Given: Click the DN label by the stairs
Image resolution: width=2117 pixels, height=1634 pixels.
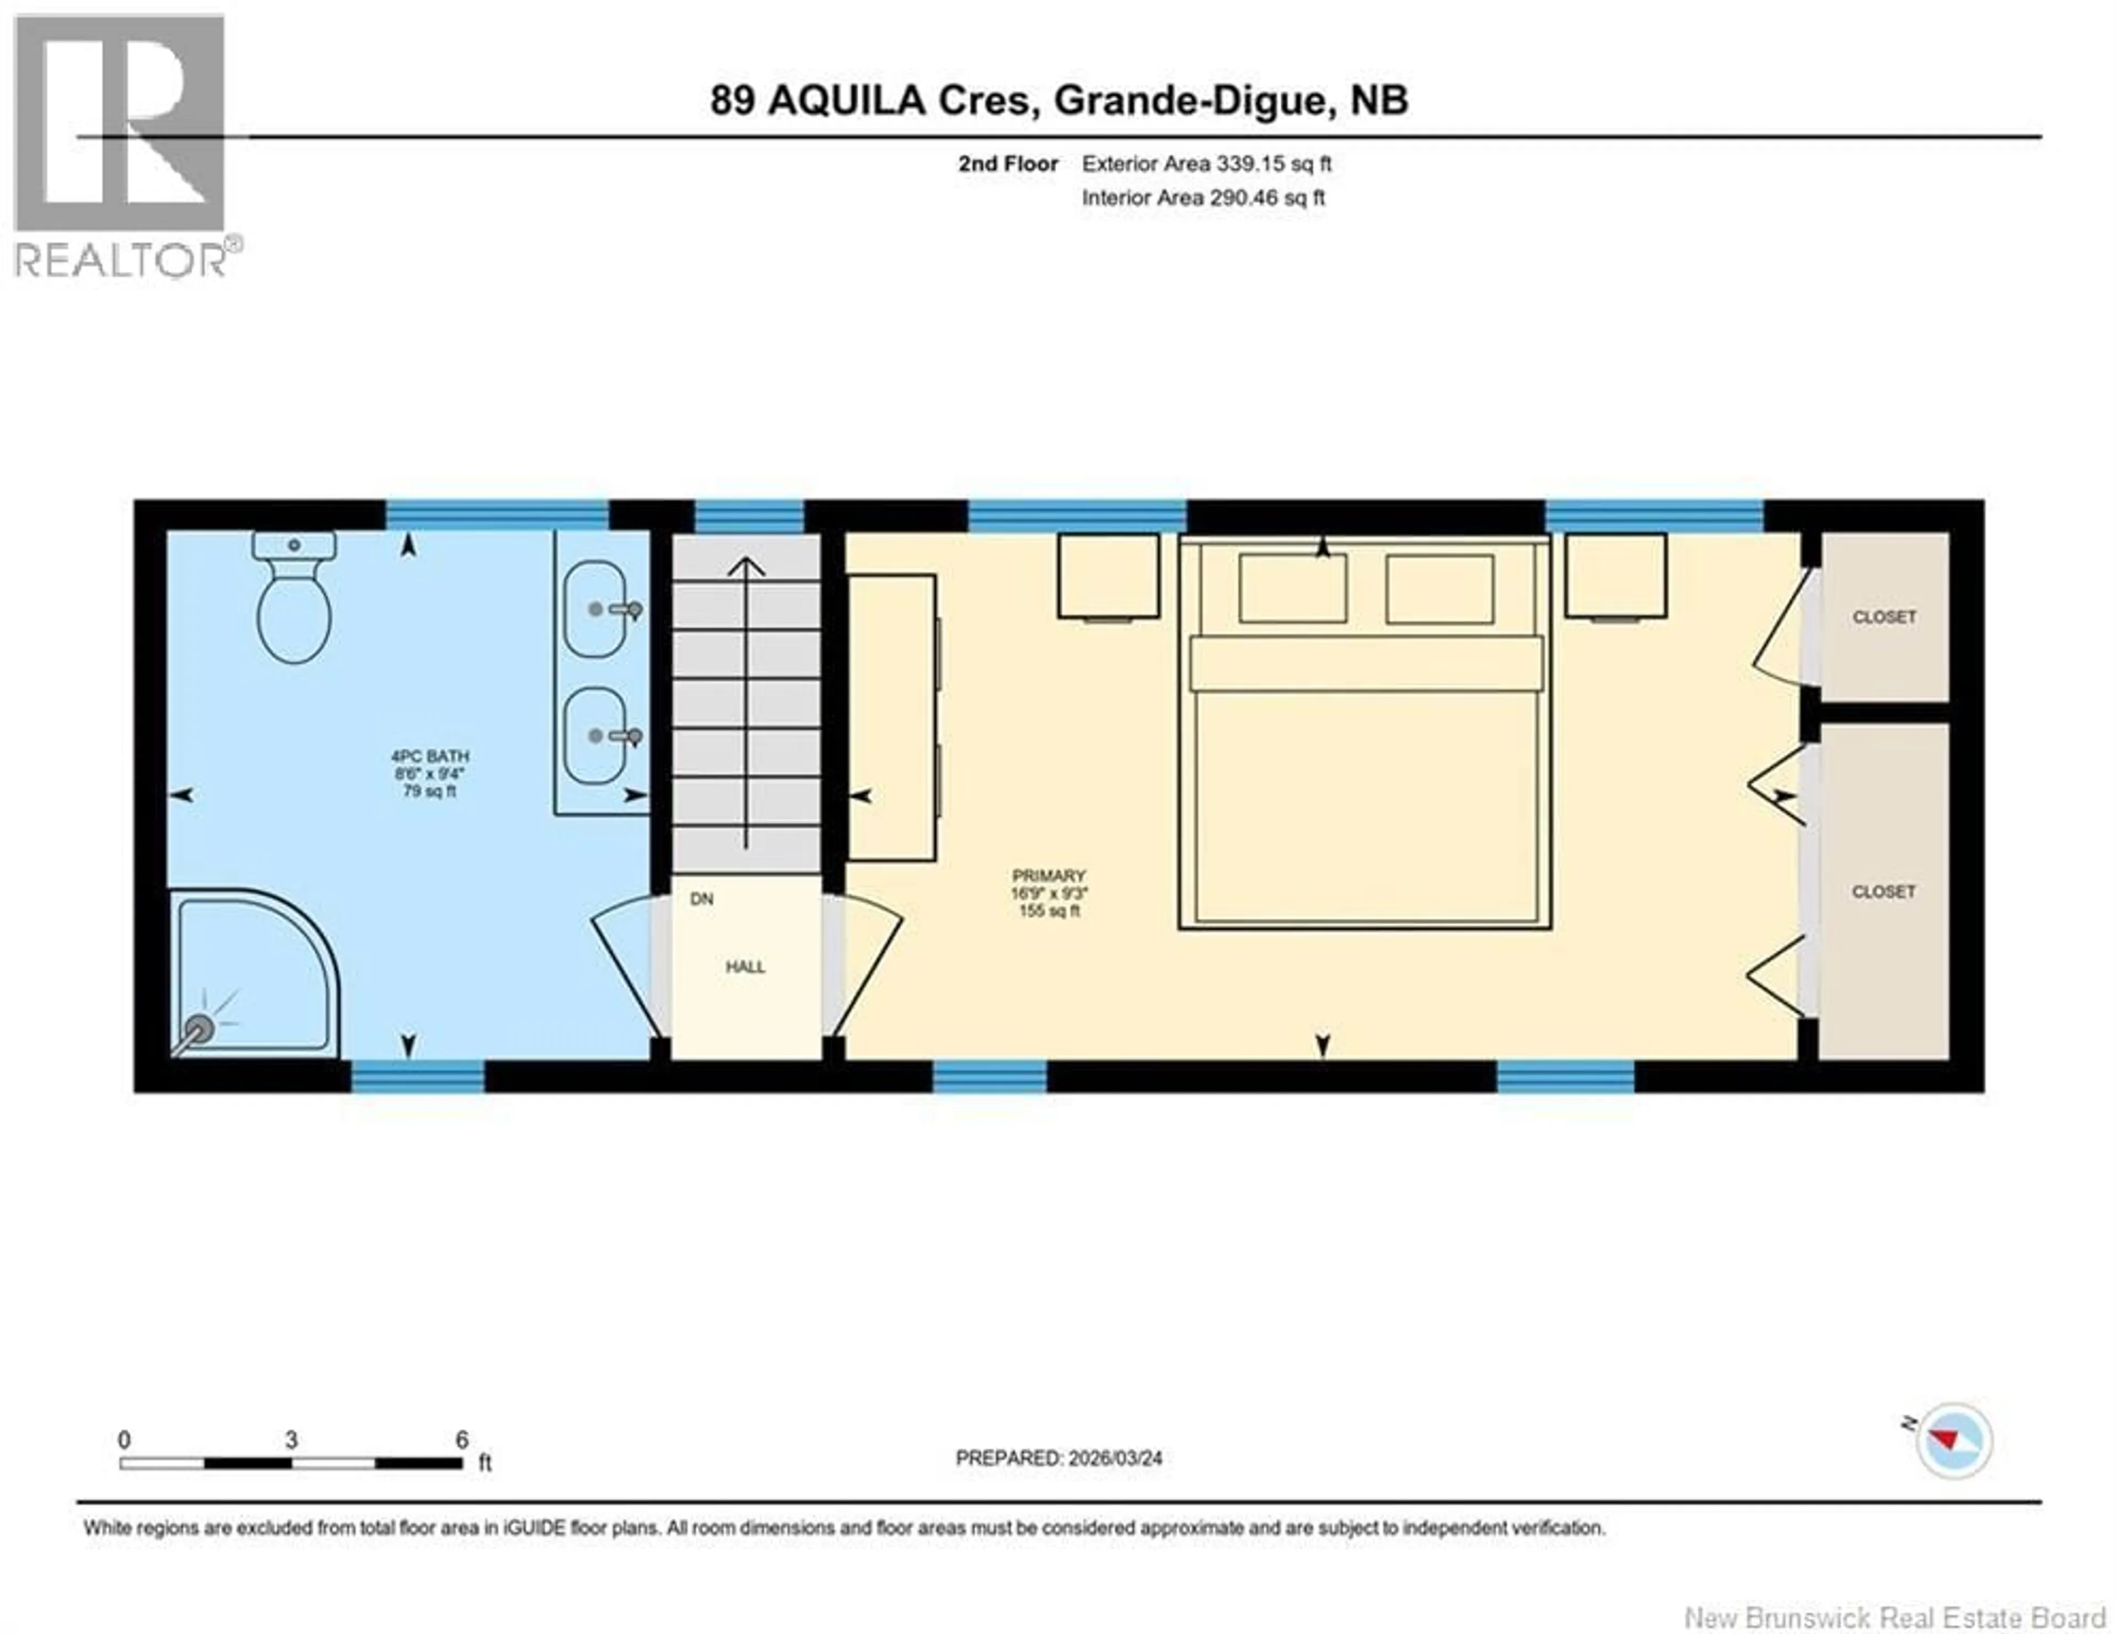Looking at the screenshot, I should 702,899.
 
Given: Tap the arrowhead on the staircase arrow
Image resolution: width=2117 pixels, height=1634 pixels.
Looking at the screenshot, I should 745,566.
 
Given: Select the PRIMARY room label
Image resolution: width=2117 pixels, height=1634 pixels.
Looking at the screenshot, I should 1049,875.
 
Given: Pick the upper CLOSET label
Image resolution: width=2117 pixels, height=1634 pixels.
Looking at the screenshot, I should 1883,616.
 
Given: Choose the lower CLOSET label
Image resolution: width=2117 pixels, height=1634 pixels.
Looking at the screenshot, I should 1883,891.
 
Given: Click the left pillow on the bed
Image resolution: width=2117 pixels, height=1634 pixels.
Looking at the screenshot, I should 1292,588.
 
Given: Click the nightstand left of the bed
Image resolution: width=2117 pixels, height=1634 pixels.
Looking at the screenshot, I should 1108,576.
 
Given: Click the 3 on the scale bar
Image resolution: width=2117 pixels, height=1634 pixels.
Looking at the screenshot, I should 291,1440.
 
